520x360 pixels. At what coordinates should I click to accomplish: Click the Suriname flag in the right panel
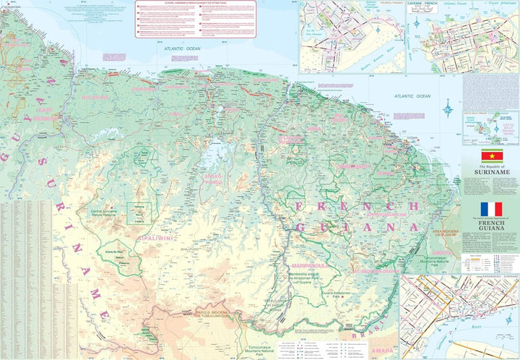click(x=492, y=155)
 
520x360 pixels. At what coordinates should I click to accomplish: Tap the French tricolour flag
click(x=491, y=209)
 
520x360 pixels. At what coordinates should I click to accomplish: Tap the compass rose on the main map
click(x=449, y=110)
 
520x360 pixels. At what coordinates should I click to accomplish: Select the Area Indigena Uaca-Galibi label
click(x=446, y=232)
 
